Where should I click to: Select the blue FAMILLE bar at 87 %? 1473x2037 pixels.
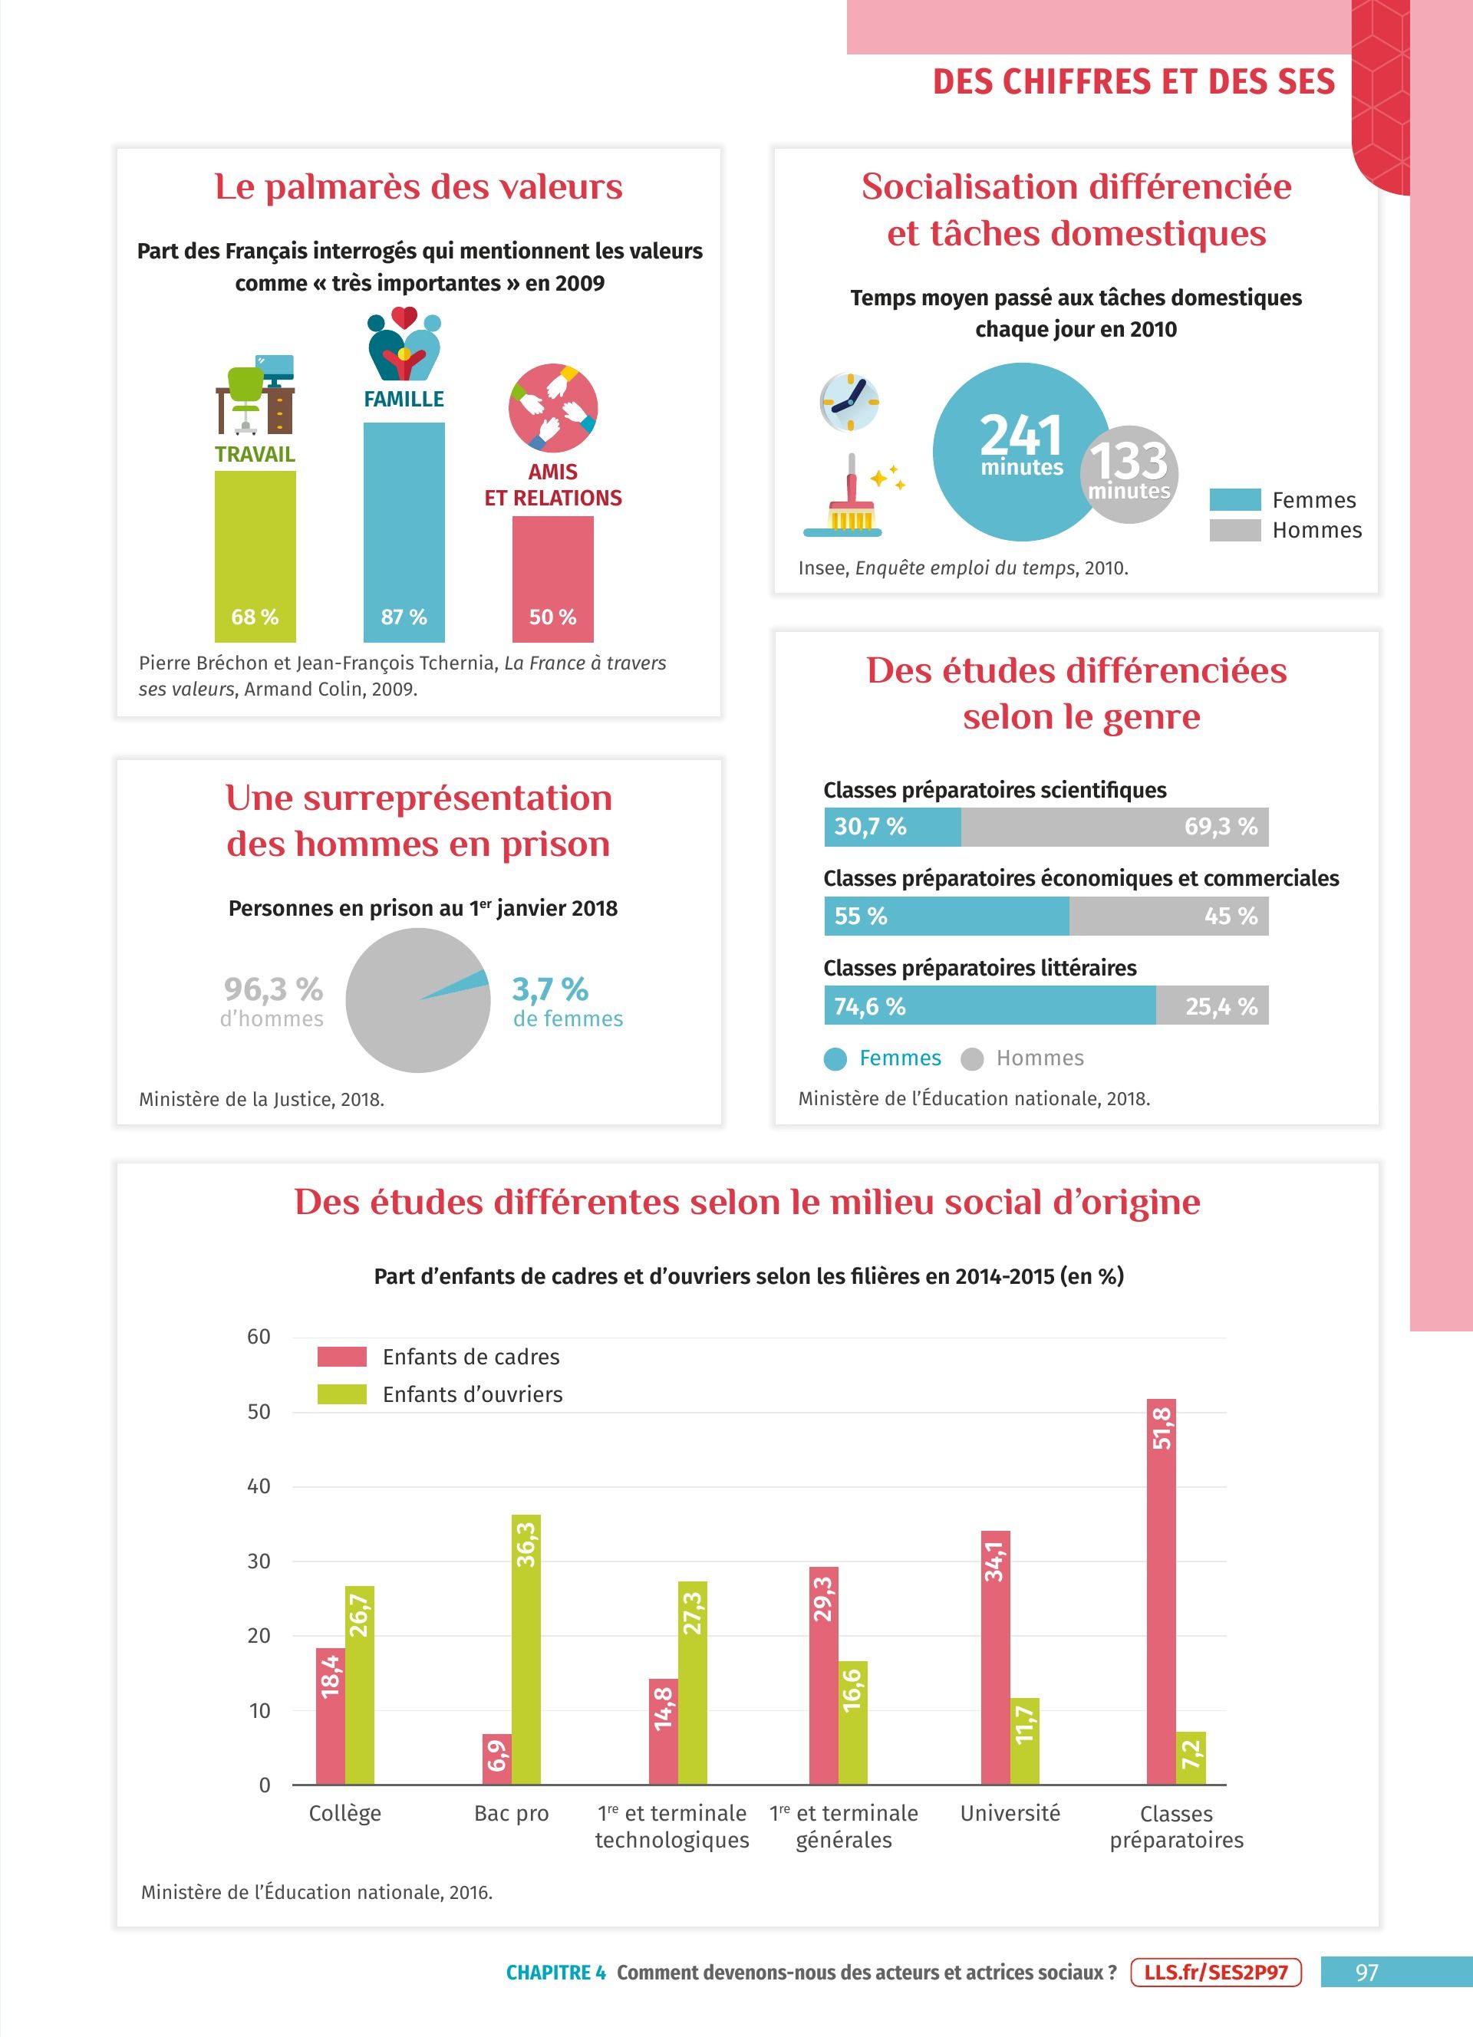click(x=404, y=531)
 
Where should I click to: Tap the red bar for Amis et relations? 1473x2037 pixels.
click(x=552, y=578)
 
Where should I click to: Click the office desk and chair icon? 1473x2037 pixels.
click(x=255, y=394)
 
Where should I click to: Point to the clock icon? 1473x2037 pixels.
click(x=849, y=401)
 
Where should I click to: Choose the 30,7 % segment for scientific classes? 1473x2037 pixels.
click(x=892, y=826)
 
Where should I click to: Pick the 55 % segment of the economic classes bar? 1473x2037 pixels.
click(x=946, y=916)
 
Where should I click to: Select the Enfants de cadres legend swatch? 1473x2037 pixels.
click(x=341, y=1356)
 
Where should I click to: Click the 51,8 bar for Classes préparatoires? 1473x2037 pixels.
click(x=1161, y=1591)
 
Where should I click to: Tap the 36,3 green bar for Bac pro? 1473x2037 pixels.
click(x=526, y=1649)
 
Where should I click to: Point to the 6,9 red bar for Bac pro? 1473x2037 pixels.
click(x=496, y=1759)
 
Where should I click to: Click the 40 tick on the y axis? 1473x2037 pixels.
click(x=259, y=1486)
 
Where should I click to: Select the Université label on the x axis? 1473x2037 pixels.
click(x=1010, y=1813)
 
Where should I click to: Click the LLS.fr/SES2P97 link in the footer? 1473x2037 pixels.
click(x=1215, y=1973)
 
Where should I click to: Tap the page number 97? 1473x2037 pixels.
click(x=1366, y=1973)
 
